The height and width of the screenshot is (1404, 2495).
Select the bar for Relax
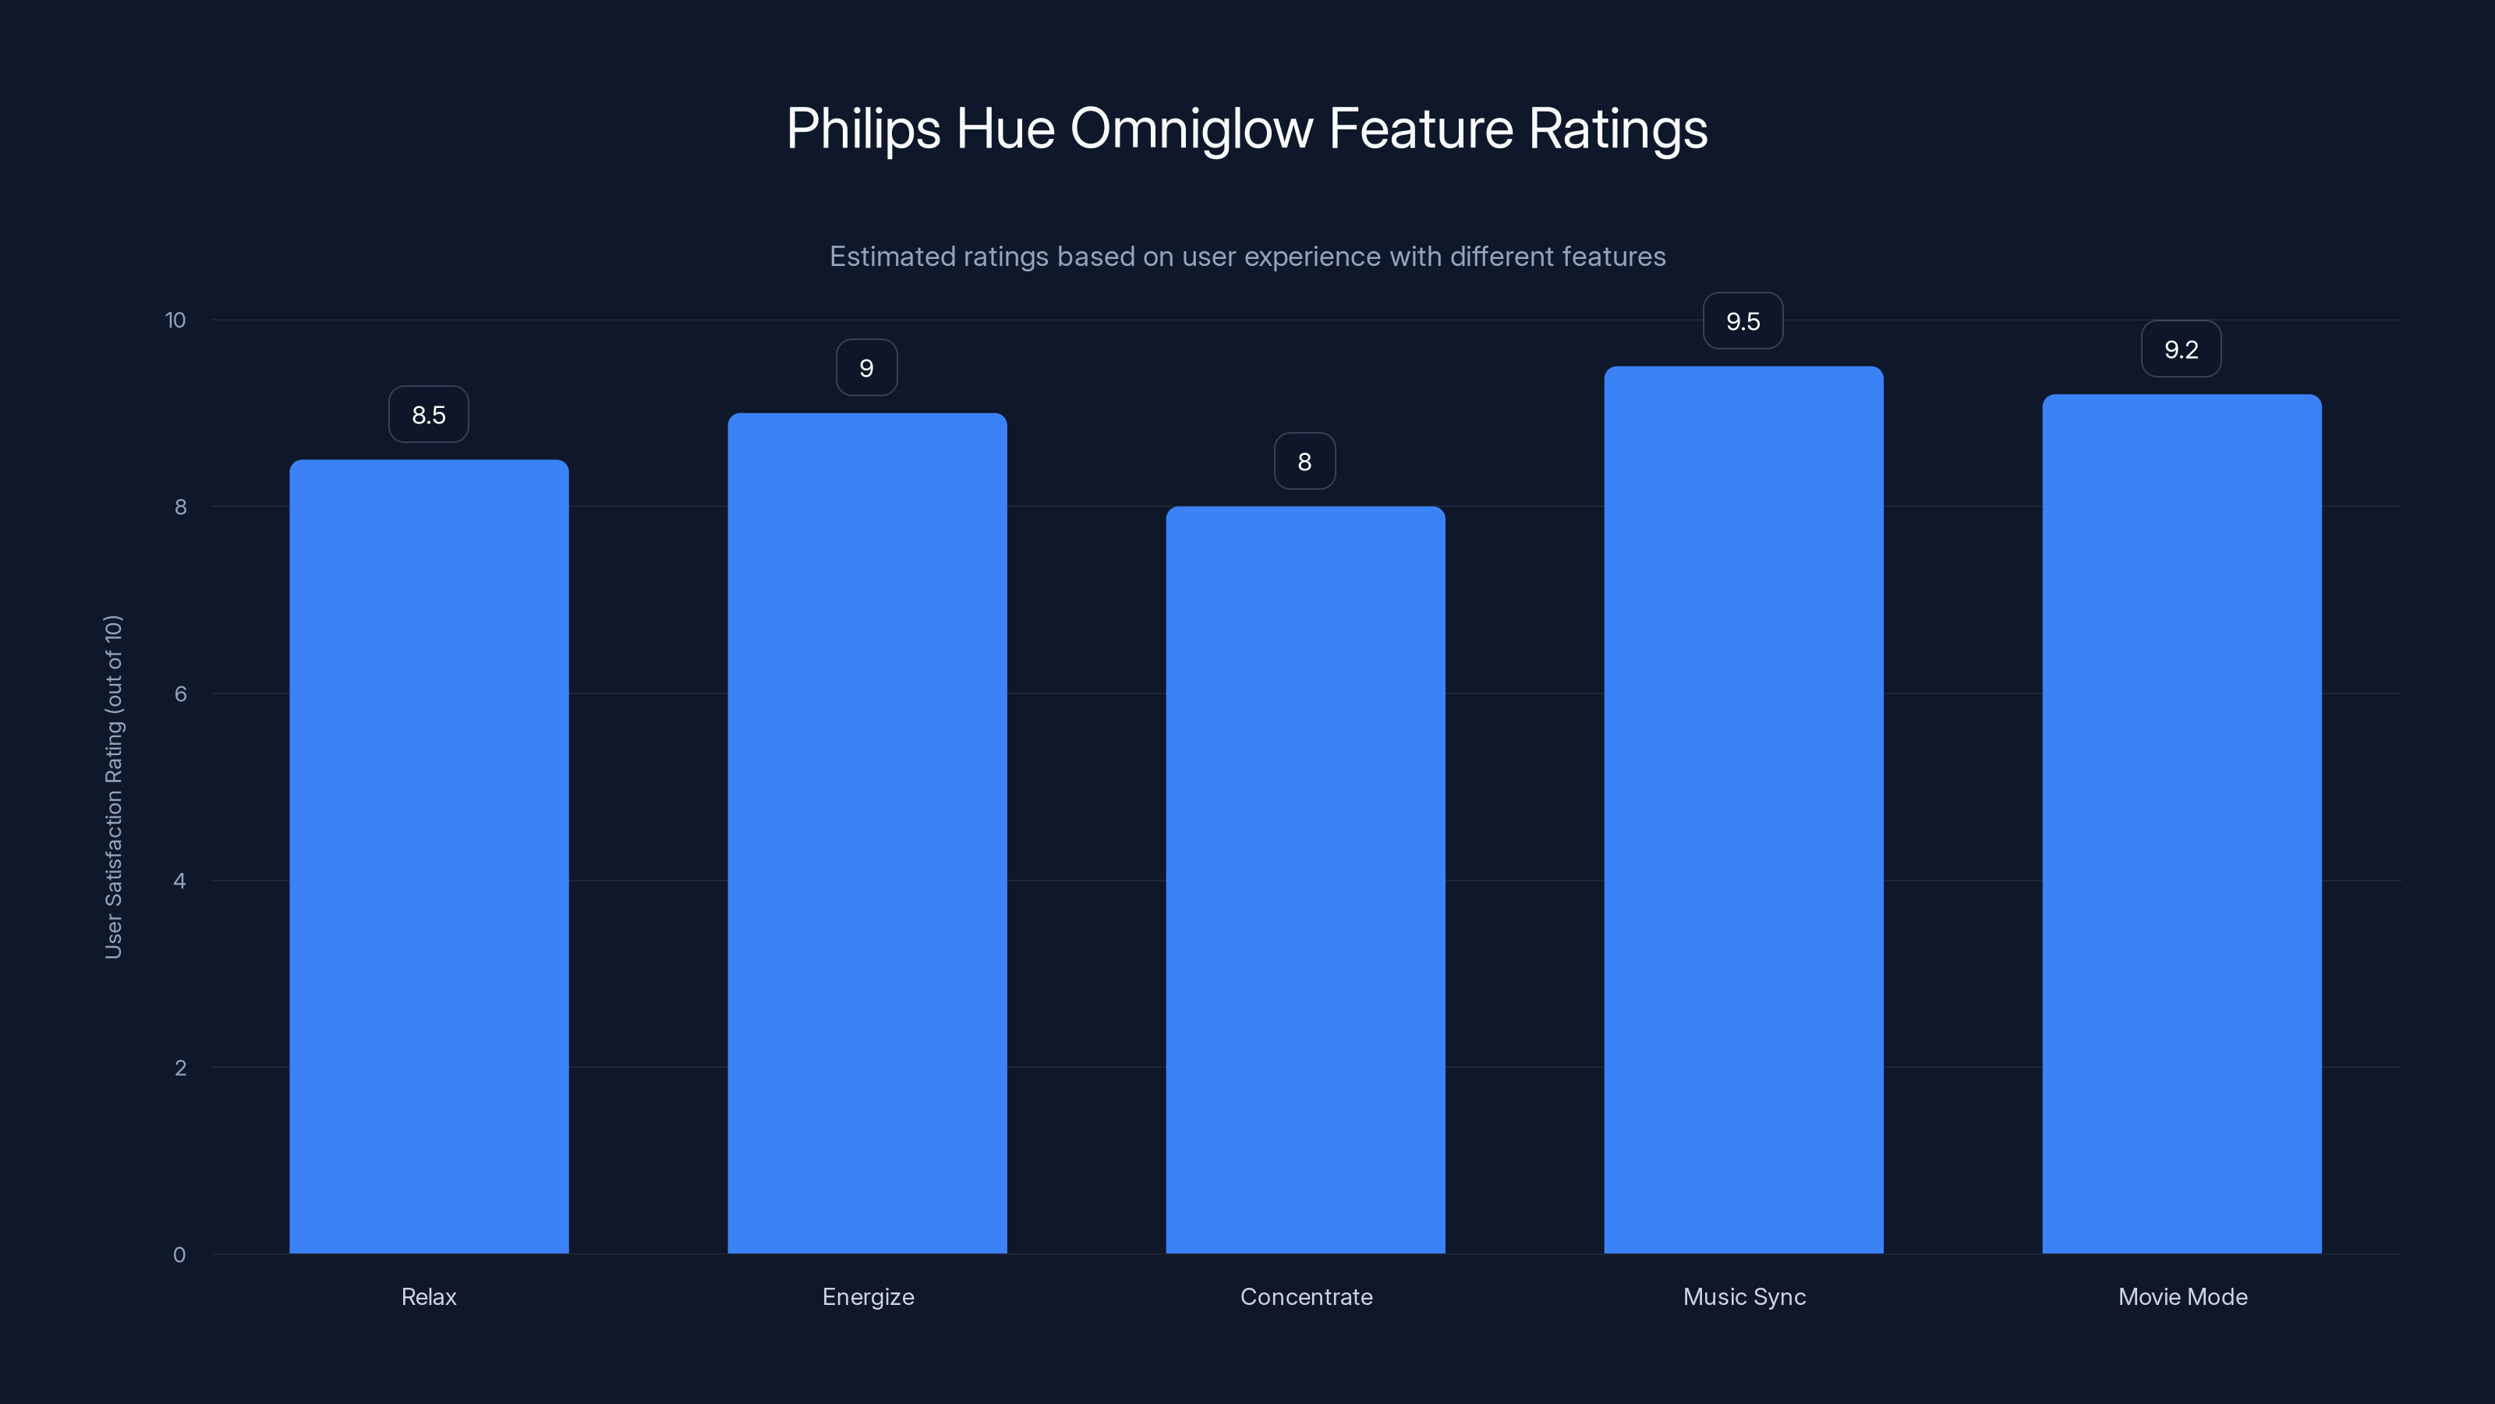429,856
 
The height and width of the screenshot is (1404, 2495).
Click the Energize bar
867,833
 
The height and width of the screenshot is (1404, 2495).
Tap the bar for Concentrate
1304,880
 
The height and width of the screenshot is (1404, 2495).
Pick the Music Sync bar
1743,810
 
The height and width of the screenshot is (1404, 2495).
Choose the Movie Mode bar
2182,824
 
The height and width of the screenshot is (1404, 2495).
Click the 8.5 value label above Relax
429,415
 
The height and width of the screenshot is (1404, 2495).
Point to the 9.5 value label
1743,321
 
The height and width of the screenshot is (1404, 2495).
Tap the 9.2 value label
2182,349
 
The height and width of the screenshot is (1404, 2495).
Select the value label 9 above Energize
867,368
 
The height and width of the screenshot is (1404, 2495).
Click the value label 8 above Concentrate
1304,461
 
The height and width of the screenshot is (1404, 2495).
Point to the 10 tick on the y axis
175,320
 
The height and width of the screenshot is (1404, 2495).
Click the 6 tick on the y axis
180,693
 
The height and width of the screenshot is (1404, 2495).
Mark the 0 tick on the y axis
179,1255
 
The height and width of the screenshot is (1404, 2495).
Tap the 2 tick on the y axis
180,1068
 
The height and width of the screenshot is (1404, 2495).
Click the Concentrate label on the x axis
1306,1296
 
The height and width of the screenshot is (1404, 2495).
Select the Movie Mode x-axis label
2182,1296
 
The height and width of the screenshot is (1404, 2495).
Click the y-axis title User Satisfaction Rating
113,787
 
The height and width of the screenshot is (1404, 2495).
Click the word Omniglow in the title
1191,129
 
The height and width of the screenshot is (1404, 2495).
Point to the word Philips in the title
863,129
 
